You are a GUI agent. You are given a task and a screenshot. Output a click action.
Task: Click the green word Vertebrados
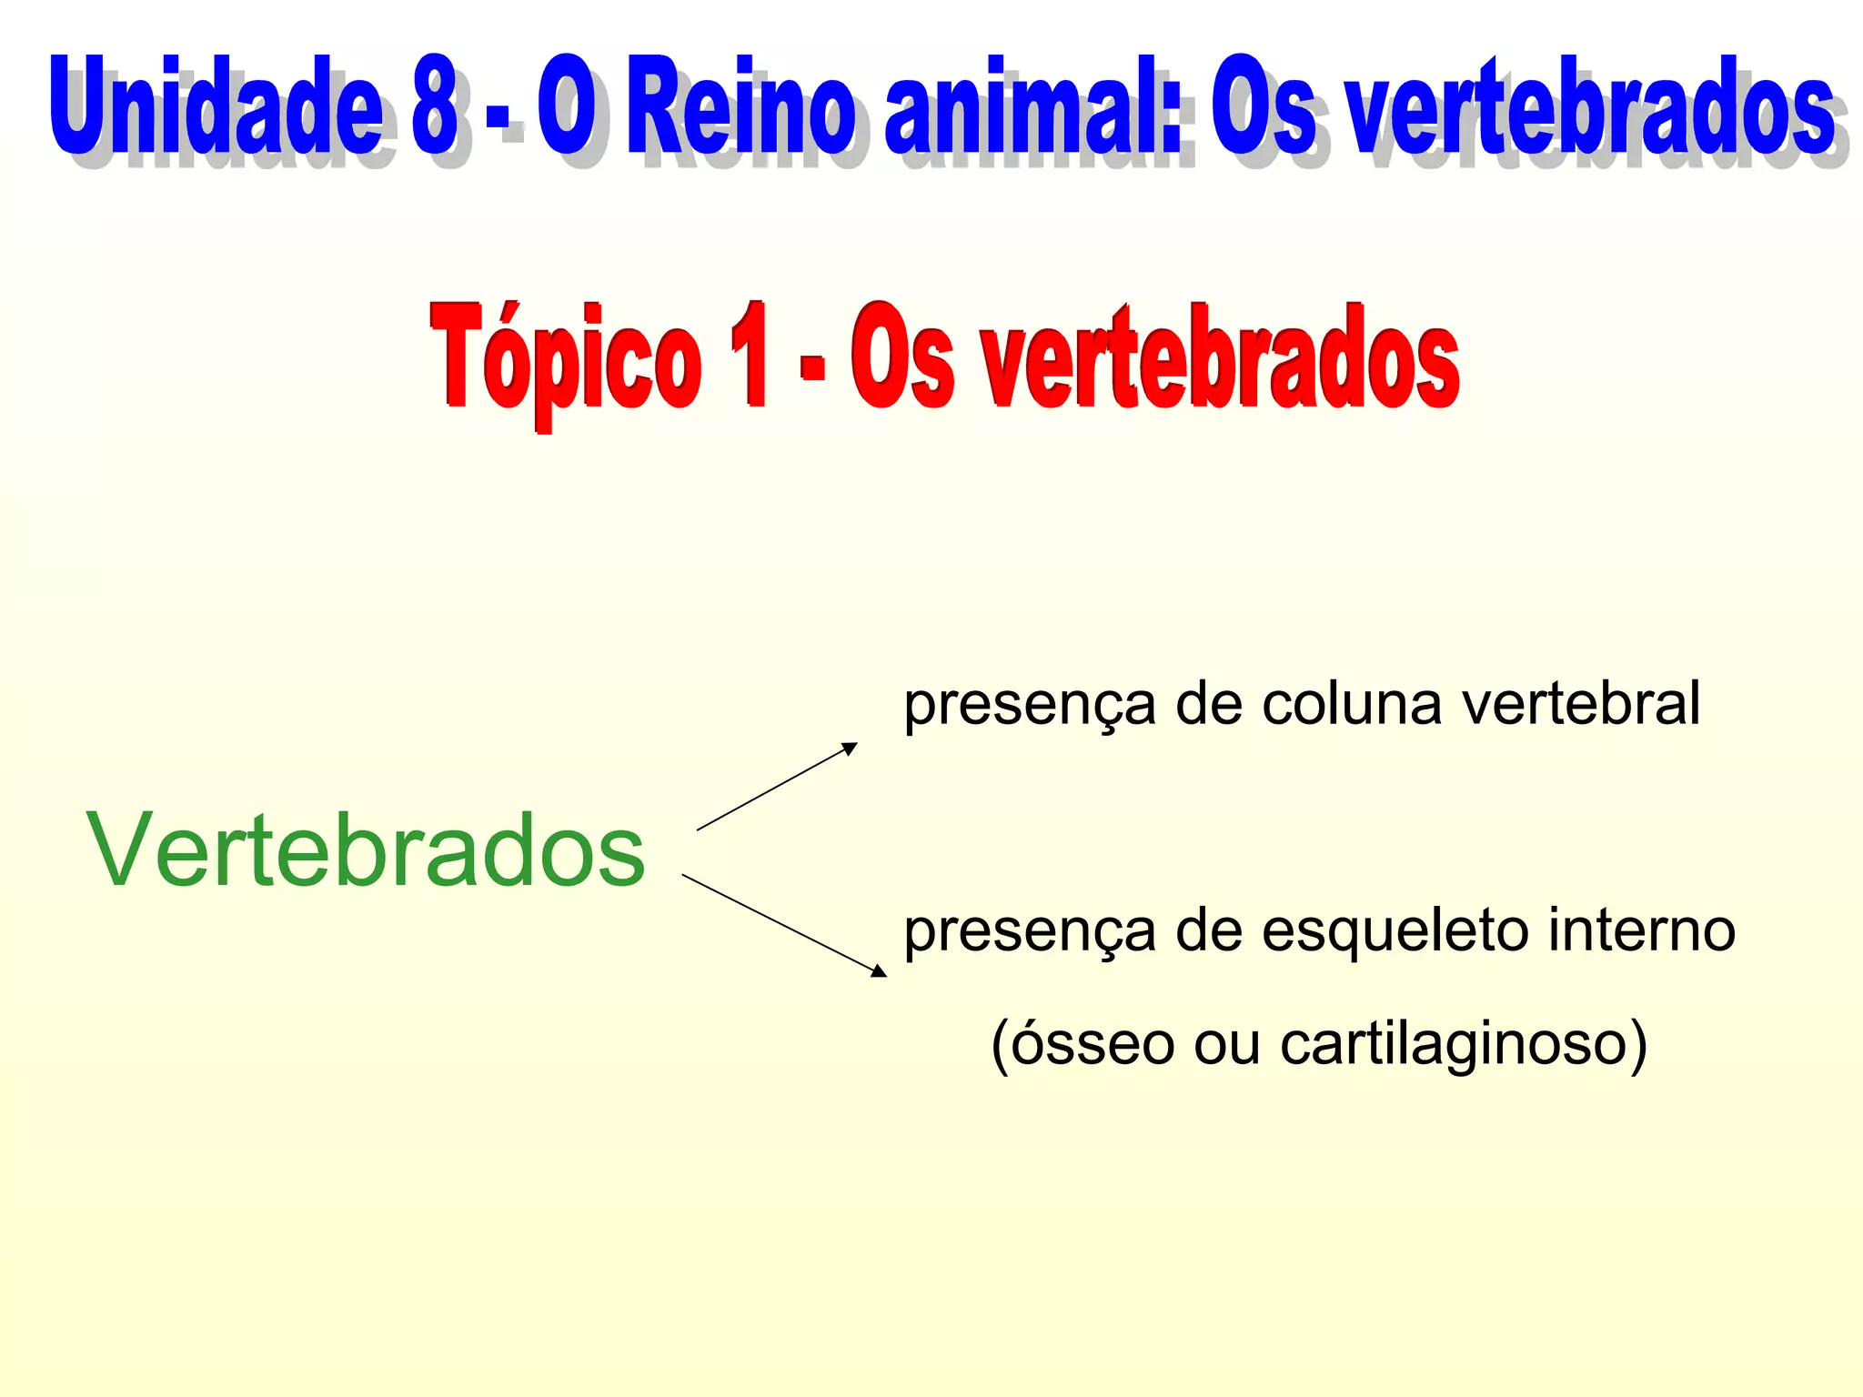pos(366,849)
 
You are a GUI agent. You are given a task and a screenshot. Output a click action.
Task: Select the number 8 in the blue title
pos(434,107)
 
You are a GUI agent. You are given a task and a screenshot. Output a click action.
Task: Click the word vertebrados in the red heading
pos(1219,358)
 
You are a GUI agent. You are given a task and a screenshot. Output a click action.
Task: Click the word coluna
pos(1352,704)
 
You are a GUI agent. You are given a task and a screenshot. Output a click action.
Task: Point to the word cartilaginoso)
pos(1464,1044)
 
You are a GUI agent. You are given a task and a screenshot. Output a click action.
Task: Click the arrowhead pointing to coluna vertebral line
pos(850,749)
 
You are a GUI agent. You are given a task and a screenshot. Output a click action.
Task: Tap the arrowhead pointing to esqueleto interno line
pos(879,971)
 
